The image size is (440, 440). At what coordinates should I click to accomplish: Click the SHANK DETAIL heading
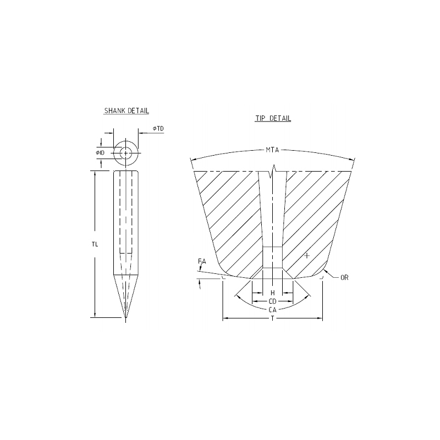point(127,111)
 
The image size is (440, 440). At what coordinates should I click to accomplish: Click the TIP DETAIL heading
point(273,118)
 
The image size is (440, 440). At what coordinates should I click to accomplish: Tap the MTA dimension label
point(272,150)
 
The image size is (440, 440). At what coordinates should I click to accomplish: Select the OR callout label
point(344,278)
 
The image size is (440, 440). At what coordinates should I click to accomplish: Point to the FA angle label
point(202,262)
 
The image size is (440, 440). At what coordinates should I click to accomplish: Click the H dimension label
point(272,293)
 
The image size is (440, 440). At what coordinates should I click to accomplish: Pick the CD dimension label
point(272,301)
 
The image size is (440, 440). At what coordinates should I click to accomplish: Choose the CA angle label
point(272,310)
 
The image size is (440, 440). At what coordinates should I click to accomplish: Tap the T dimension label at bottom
point(272,318)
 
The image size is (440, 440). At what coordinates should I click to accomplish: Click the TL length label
point(95,244)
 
